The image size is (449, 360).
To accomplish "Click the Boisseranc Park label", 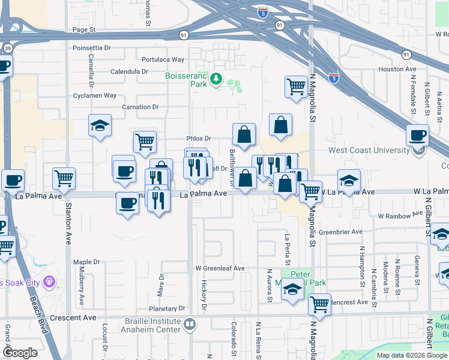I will (x=186, y=80).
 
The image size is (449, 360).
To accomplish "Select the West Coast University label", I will (x=368, y=151).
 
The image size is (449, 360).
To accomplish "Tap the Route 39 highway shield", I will (x=6, y=48).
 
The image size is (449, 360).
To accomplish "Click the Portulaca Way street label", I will (x=163, y=59).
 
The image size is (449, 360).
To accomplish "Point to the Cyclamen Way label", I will (x=94, y=95).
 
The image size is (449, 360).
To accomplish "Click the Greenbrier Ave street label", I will (x=341, y=232).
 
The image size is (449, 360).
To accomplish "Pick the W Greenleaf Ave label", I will (x=220, y=268).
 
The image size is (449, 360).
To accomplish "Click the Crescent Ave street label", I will (x=73, y=317).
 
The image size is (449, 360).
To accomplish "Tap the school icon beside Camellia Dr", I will (x=100, y=126).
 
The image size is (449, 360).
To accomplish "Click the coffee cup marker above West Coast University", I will (x=417, y=136).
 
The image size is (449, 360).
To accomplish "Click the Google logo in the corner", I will (x=20, y=353).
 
